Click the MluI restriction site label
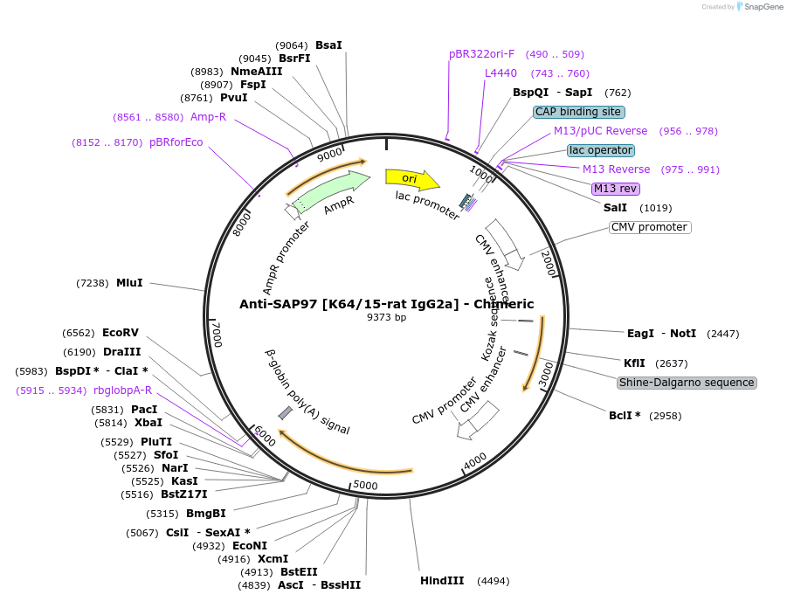pos(129,283)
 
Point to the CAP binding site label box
pos(578,112)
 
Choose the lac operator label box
pos(600,150)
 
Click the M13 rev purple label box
pos(616,189)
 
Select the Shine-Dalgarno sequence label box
pos(687,383)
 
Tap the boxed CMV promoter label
pos(650,227)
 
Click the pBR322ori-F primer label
pos(481,54)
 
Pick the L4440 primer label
pos(501,73)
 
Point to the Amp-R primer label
pos(208,117)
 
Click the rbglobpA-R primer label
pos(122,390)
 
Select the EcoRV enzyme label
pos(121,333)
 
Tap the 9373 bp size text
pos(387,317)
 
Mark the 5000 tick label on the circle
pos(365,486)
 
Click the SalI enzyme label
pos(615,208)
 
